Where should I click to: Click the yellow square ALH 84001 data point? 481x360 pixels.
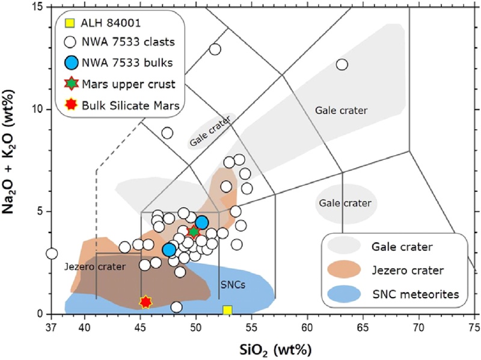pos(227,310)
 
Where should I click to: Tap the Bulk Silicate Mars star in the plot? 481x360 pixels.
pos(146,302)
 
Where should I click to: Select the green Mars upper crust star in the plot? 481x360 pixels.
pos(193,231)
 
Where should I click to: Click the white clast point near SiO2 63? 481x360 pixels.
pos(342,64)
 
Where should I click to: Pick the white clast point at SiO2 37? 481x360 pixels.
pos(52,254)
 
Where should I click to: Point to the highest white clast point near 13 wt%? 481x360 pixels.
pos(215,49)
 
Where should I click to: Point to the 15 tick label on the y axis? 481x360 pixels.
pos(38,7)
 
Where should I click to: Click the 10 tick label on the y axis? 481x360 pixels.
pos(38,109)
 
